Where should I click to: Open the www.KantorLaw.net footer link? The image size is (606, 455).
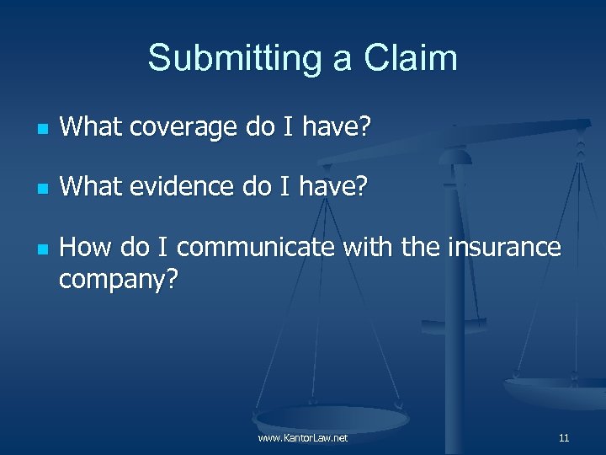[x=303, y=438]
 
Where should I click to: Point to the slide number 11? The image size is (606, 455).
[x=563, y=438]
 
